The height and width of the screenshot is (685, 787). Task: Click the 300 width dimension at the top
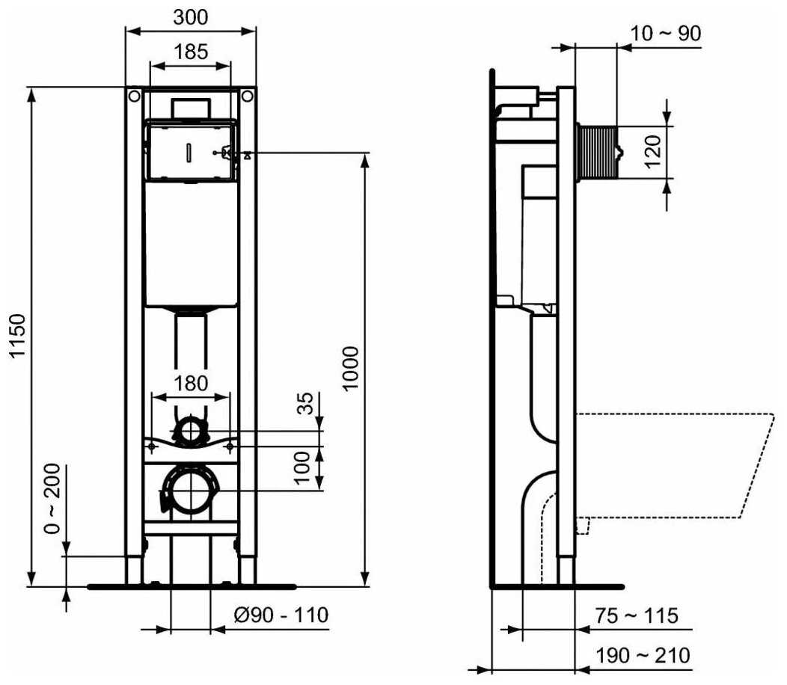[x=192, y=16]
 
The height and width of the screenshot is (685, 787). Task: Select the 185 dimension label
[x=192, y=52]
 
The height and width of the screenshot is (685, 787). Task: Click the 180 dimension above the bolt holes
[x=192, y=383]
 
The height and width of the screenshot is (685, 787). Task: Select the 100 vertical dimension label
[x=303, y=467]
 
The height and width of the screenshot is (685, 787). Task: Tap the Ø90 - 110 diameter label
[x=281, y=615]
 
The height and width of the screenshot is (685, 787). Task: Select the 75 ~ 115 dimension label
[x=637, y=615]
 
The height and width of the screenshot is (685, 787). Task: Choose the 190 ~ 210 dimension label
[x=642, y=656]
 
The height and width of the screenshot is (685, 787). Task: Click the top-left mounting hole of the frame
[x=133, y=96]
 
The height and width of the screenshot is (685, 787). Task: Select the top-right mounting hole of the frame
[x=248, y=96]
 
